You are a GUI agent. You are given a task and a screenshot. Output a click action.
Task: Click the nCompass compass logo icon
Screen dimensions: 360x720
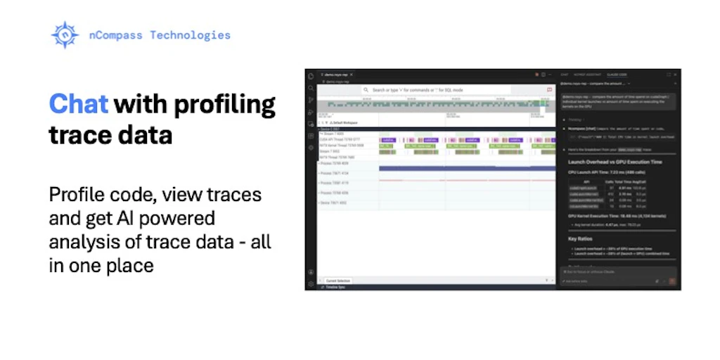(x=65, y=34)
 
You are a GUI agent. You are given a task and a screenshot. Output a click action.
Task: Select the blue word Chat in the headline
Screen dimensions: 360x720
(x=78, y=104)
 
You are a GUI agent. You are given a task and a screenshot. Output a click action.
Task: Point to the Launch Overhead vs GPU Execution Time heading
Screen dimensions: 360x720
(x=617, y=162)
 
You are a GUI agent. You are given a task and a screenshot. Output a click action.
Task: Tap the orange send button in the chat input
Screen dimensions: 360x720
(x=672, y=281)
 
